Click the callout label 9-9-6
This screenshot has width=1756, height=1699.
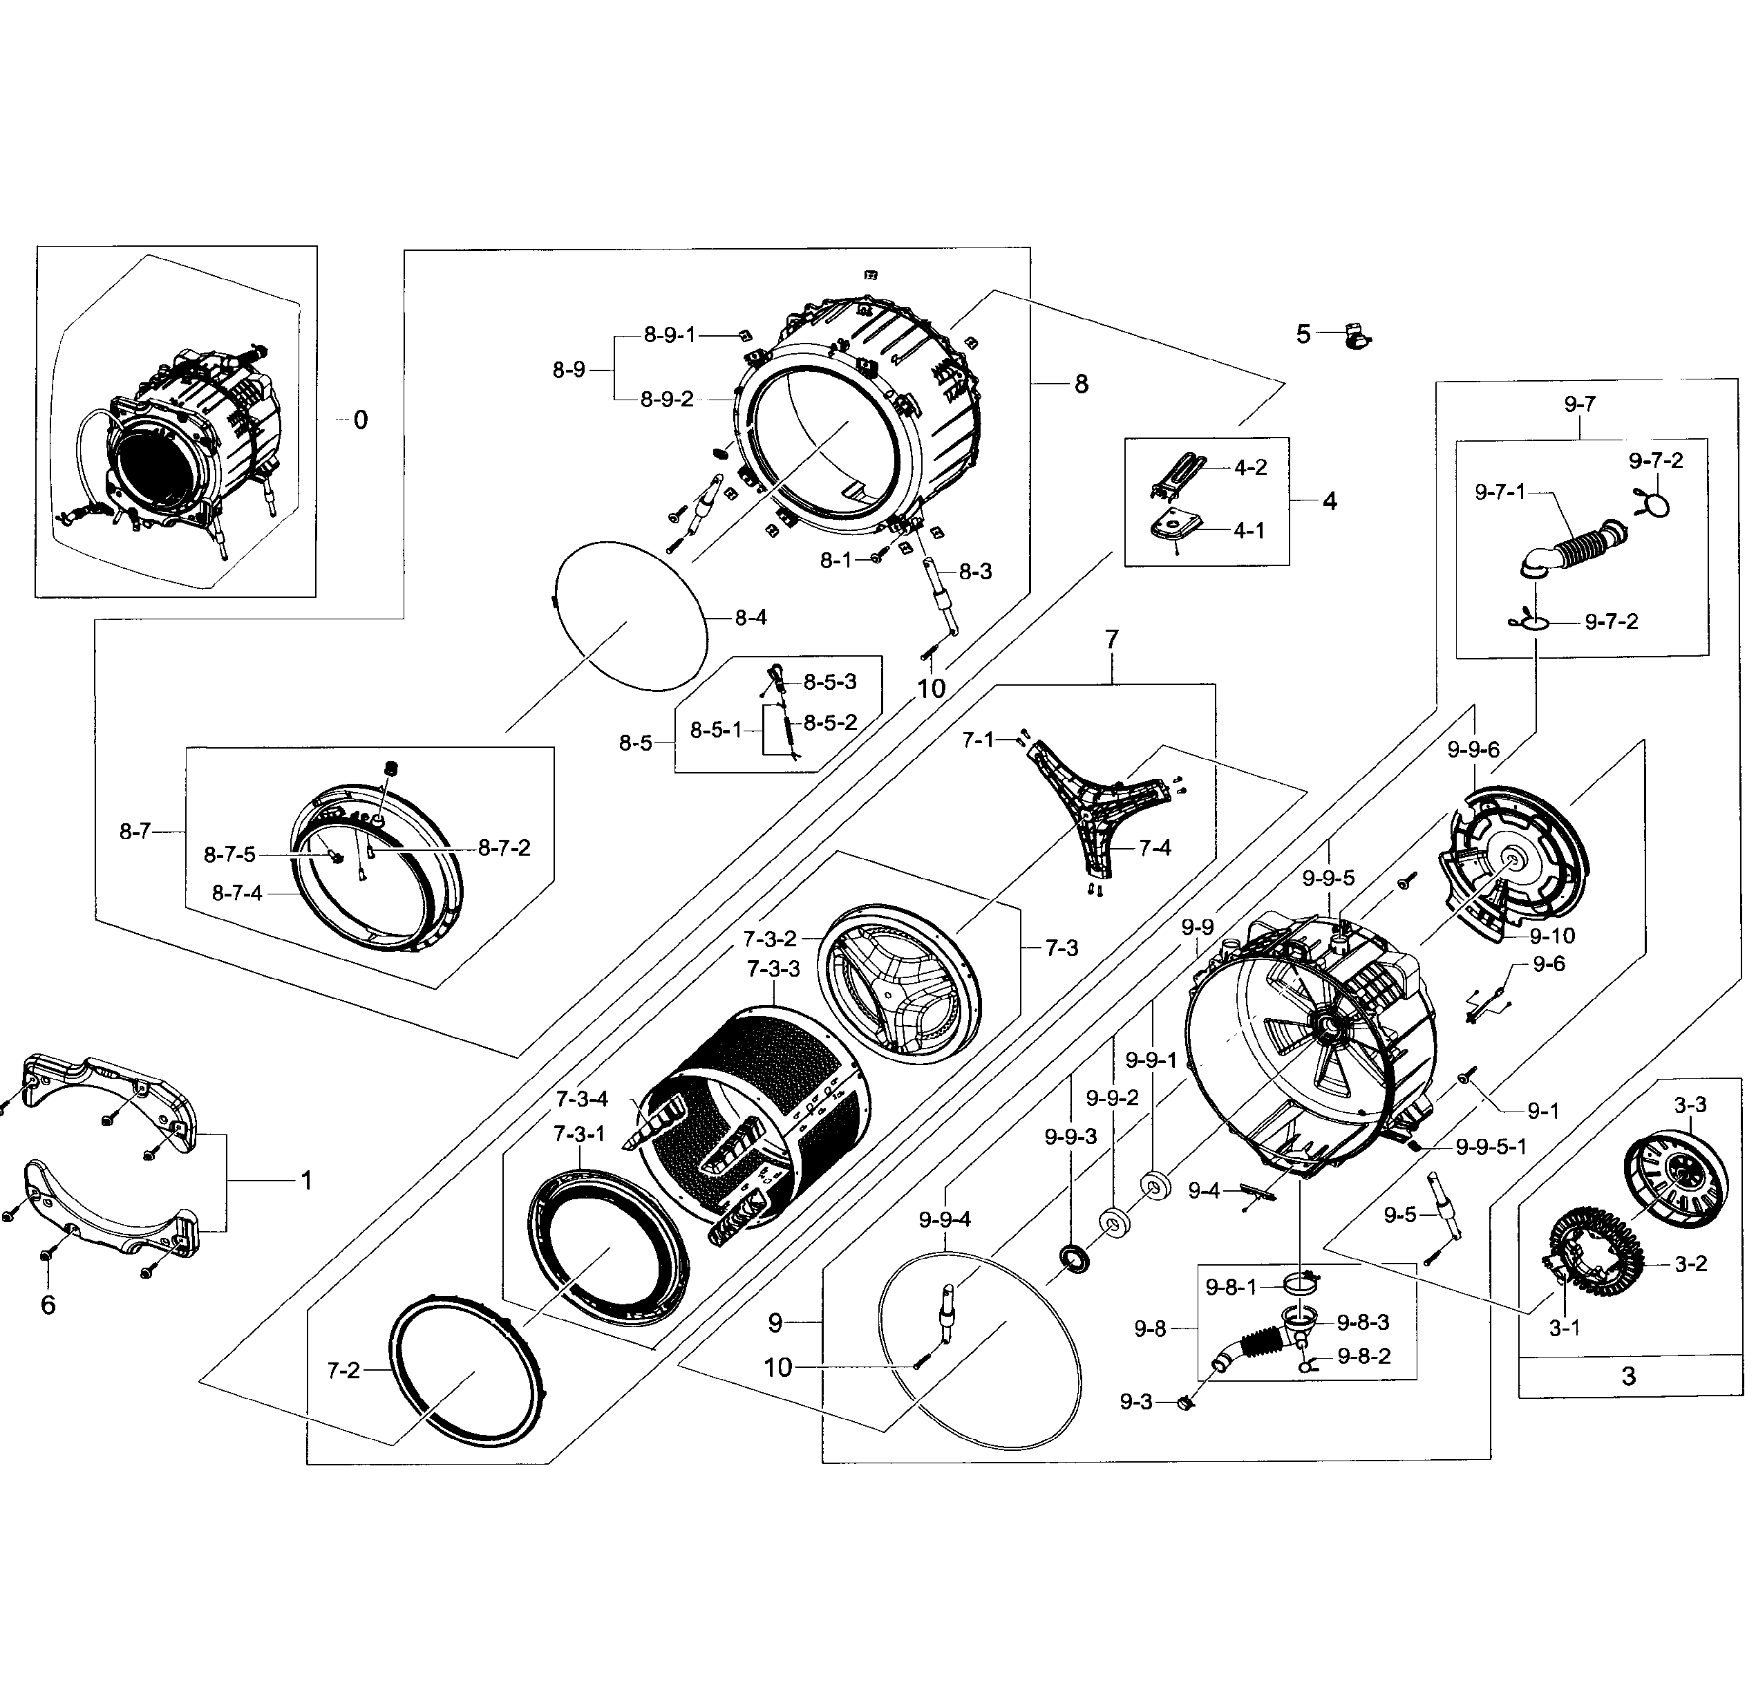pyautogui.click(x=1473, y=749)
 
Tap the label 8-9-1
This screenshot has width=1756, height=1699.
pyautogui.click(x=669, y=335)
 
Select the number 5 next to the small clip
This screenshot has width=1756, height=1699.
pyautogui.click(x=1303, y=335)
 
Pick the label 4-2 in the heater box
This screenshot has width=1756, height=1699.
pyautogui.click(x=1250, y=468)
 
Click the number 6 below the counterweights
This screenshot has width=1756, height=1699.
pyautogui.click(x=48, y=1305)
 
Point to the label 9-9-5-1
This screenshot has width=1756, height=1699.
pyautogui.click(x=1491, y=1146)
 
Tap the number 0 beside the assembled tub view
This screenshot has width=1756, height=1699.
pyautogui.click(x=360, y=420)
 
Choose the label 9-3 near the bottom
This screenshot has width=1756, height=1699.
pyautogui.click(x=1136, y=1402)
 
